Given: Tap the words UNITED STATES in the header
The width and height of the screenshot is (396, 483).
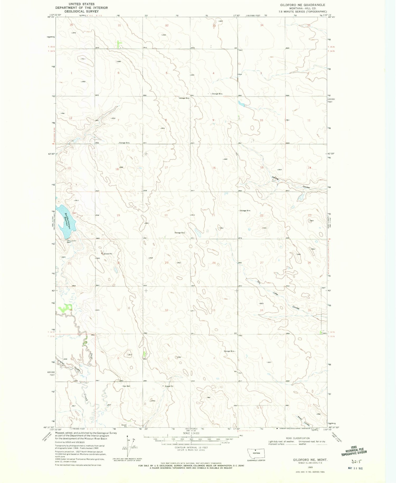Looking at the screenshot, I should coord(81,4).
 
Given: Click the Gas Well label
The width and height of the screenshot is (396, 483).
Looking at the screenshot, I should coord(126,386).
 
